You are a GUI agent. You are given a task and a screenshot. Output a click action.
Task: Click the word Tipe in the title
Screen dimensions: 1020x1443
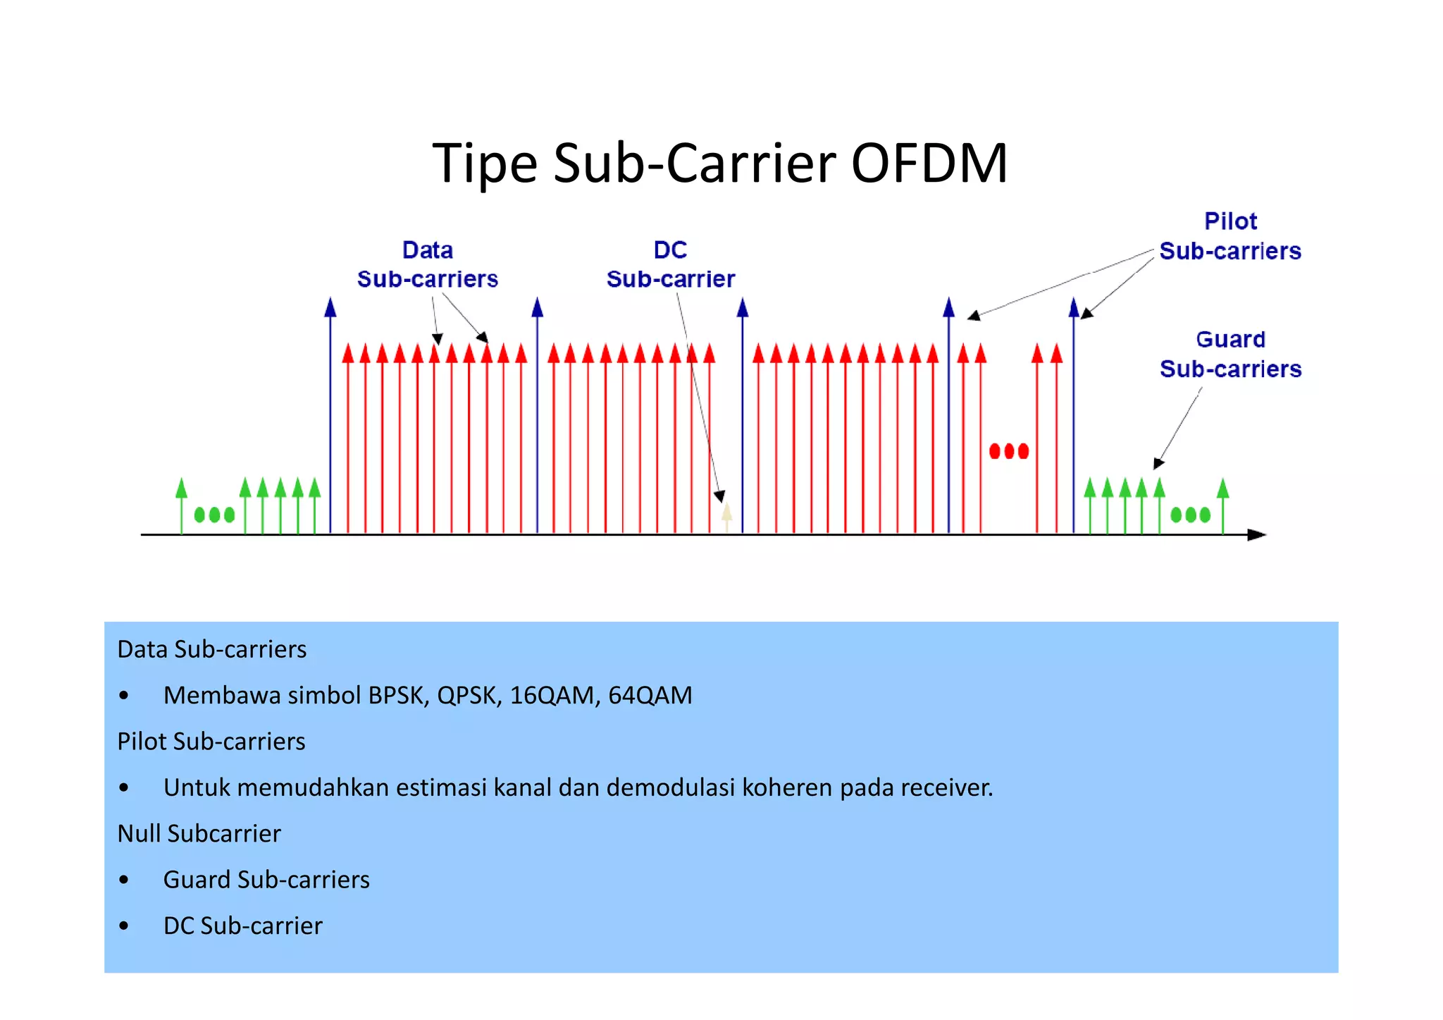[x=485, y=164]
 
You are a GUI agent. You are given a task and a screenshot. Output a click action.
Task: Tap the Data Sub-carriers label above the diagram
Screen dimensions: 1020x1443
[x=427, y=265]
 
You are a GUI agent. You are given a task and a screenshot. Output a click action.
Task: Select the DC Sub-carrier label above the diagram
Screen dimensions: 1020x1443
[x=670, y=265]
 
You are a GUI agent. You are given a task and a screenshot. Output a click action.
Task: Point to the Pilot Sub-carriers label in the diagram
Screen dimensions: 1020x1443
[x=1230, y=236]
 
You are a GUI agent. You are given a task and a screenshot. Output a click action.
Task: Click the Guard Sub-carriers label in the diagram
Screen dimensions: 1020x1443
[x=1230, y=355]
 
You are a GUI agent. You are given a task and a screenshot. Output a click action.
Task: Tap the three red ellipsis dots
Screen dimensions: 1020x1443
[x=1008, y=451]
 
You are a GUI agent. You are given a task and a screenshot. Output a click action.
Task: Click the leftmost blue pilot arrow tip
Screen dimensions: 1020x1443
[x=330, y=307]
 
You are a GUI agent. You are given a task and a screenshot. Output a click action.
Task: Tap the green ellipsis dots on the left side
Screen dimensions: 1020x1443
[x=214, y=515]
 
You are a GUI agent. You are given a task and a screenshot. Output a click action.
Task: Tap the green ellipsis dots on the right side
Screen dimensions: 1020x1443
[x=1190, y=515]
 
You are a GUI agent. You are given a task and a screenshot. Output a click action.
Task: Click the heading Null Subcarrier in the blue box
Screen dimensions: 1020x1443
[x=199, y=834]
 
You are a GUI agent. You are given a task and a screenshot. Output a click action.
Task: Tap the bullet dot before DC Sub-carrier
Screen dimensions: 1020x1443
[x=124, y=926]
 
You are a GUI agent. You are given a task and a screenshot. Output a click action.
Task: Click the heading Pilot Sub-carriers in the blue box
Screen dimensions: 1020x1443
[x=211, y=742]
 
